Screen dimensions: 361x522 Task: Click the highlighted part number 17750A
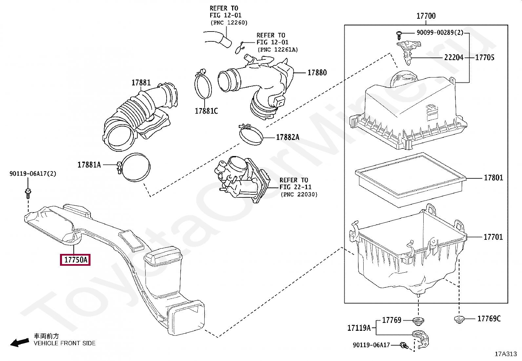point(75,260)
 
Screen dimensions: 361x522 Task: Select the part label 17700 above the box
point(426,16)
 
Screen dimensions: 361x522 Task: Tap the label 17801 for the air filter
point(493,178)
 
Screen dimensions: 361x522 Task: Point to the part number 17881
point(141,83)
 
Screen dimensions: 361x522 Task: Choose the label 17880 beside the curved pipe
point(317,73)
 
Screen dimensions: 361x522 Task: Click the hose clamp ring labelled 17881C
point(203,86)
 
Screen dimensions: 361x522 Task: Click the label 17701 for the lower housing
point(493,237)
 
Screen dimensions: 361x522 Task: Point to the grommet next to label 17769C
point(459,318)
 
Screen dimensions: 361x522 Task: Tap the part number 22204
point(454,57)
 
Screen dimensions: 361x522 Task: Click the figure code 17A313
point(506,354)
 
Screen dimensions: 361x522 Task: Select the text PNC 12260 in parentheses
point(229,23)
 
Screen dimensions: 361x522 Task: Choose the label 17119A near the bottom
point(359,328)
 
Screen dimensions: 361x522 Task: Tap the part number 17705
point(485,57)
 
